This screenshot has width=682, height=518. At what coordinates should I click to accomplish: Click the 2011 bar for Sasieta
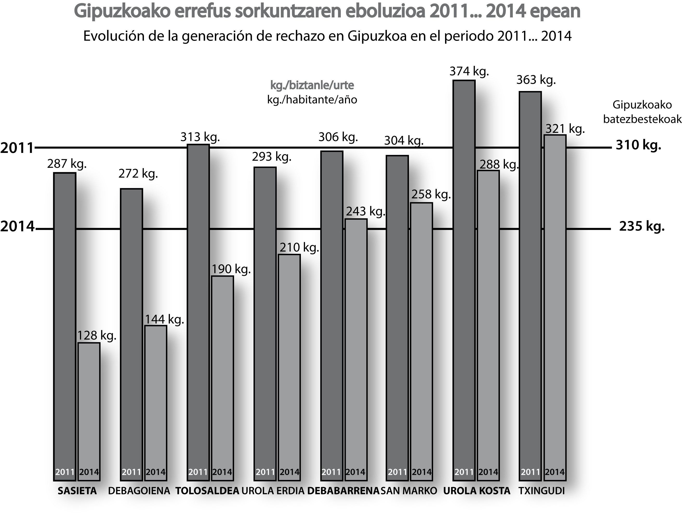[x=65, y=324]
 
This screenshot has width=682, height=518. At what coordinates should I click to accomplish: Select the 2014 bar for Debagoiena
[x=156, y=401]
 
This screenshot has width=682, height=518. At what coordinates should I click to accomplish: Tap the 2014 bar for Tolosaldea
[x=222, y=376]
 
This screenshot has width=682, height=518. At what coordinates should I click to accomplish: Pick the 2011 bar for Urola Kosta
[x=464, y=278]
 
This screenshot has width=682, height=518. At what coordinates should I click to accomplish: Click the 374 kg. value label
[x=469, y=71]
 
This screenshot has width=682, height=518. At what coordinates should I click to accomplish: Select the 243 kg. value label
[x=366, y=211]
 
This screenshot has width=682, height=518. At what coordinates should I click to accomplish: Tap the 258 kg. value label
[x=431, y=194]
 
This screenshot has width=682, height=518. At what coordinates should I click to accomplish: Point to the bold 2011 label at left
[x=17, y=148]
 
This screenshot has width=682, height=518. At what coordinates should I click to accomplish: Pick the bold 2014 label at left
[x=17, y=226]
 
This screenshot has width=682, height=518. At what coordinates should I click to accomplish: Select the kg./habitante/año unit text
[x=312, y=100]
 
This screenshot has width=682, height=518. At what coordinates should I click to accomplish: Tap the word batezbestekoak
[x=642, y=119]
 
